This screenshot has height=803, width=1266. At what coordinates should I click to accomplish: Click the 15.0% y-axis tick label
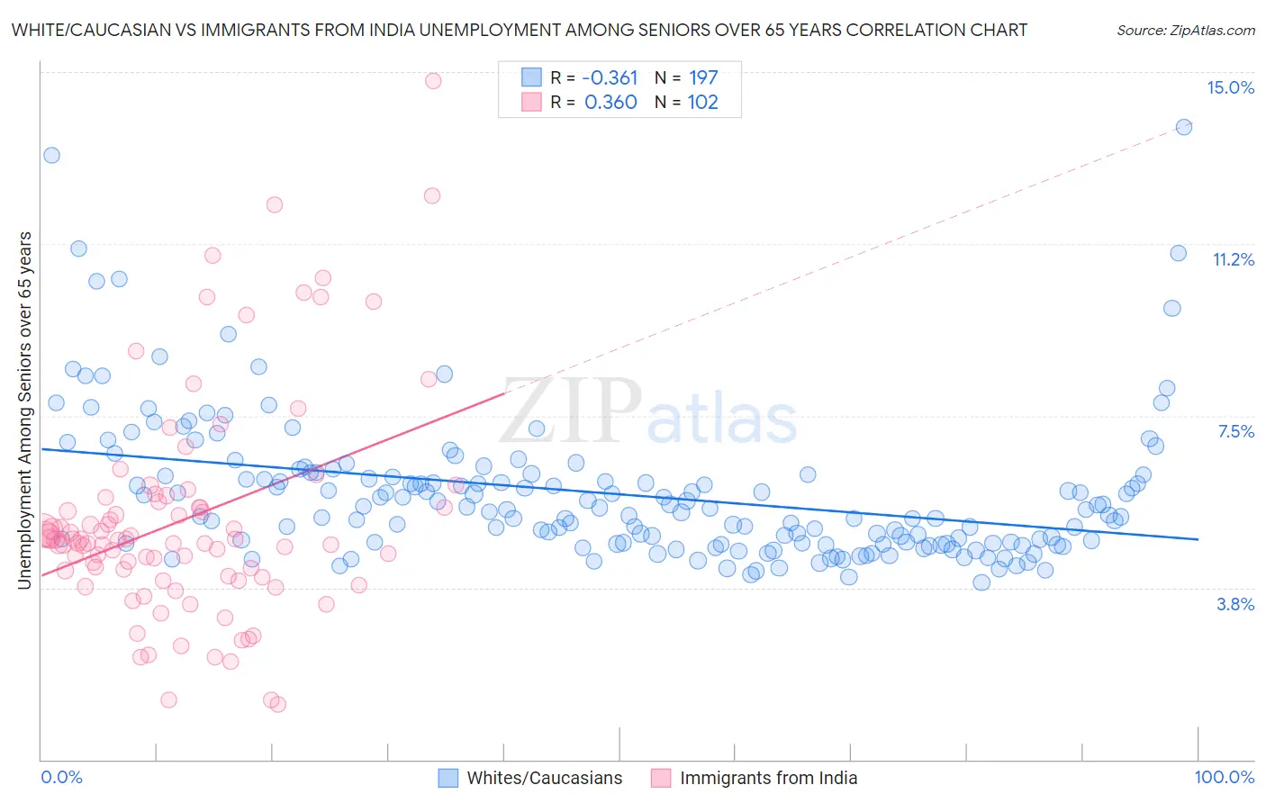coord(1230,87)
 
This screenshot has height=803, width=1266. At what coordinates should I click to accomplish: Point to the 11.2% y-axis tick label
coord(1233,259)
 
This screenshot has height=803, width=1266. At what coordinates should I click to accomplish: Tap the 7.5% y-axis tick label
coord(1235,431)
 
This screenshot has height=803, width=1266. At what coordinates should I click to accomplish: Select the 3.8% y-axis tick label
coord(1235,604)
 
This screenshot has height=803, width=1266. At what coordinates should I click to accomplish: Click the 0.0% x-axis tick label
coord(61,777)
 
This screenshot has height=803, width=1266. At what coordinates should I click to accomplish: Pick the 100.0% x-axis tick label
coord(1224,777)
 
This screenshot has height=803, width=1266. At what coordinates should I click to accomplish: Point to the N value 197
coord(703,77)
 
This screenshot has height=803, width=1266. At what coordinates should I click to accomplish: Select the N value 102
coord(703,102)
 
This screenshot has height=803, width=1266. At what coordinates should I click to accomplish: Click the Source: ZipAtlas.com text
coord(1185,30)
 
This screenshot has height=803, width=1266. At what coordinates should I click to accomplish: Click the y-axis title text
coord(24,411)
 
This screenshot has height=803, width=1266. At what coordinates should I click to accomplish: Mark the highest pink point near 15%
coord(433,80)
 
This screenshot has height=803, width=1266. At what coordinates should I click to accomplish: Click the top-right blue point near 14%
coord(1184,127)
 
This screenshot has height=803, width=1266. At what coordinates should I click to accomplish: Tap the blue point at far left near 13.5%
coord(51,155)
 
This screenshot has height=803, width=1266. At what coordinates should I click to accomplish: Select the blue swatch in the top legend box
coord(531,77)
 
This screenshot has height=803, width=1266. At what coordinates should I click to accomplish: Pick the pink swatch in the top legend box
coord(531,102)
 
